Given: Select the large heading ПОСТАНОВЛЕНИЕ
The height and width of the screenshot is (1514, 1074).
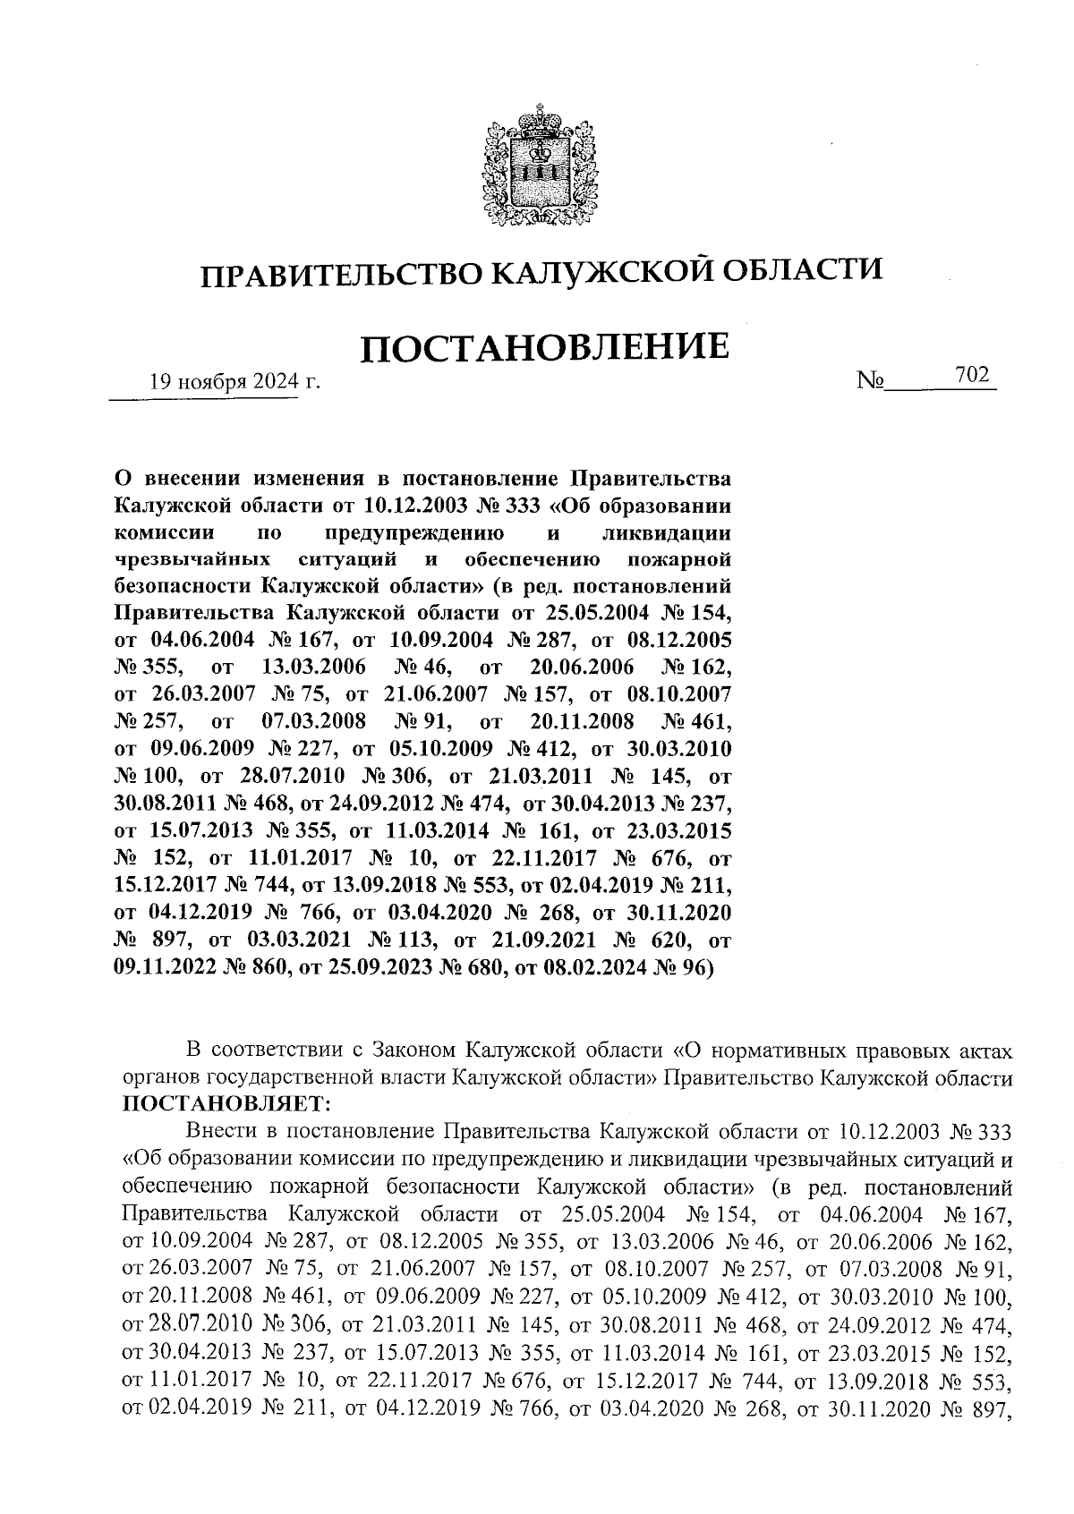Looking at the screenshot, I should click(x=541, y=348).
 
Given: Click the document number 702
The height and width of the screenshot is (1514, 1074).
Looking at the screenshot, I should click(x=972, y=377).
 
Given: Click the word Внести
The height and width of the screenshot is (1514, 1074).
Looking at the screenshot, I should click(x=223, y=1132).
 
